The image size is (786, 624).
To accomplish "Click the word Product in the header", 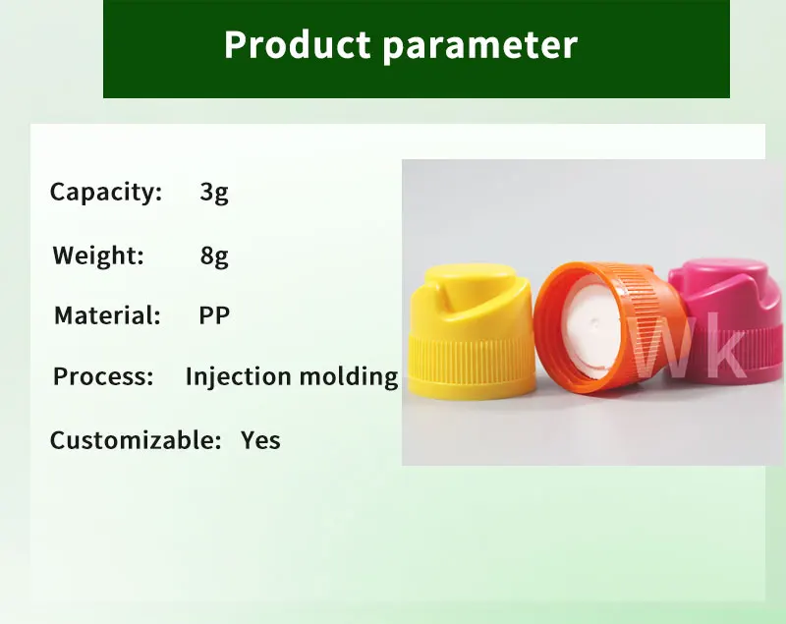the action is point(297,44).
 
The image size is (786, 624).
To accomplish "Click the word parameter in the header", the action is point(480,46).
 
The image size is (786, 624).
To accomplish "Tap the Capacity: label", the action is point(106,193).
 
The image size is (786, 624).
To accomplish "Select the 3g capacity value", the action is point(214,193).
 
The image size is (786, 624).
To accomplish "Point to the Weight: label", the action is point(98,255).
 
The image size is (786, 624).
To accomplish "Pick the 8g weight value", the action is point(214,256).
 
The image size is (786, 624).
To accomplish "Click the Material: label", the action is point(107,315).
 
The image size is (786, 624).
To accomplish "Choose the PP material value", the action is point(214,315).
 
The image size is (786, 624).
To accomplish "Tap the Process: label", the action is point(103,376).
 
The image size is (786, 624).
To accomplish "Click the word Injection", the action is point(238,377).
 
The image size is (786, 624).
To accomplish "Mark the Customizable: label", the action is point(136,440).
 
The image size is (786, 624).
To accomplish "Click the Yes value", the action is point(260,440).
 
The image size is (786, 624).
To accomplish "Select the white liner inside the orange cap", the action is point(591,327).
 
